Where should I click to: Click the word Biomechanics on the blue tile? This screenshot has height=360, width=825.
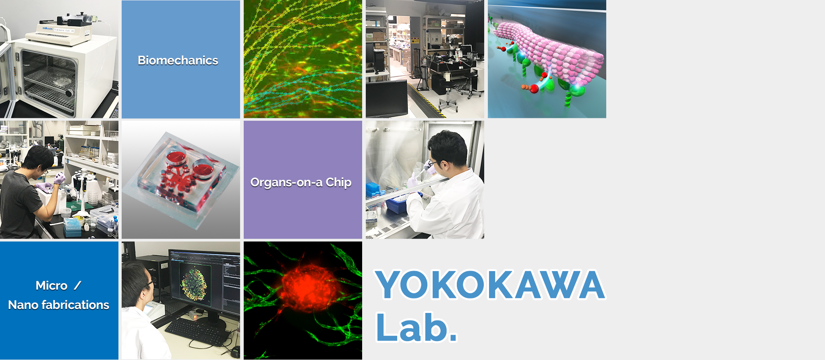178,60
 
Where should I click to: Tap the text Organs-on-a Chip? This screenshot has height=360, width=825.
301,183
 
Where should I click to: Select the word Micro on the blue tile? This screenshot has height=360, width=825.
52,286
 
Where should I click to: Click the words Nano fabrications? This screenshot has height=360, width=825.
59,305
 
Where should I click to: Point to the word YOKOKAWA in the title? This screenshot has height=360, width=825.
490,285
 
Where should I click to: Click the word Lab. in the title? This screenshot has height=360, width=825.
417,327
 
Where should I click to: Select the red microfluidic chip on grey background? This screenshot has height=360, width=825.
181,180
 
